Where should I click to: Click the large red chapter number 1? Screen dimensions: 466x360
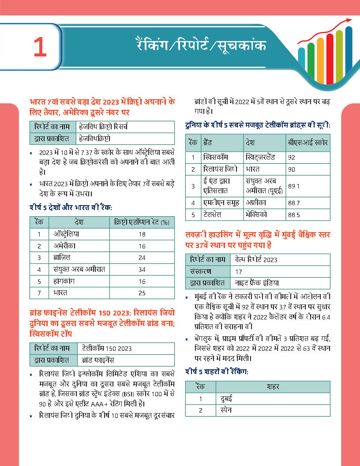40,48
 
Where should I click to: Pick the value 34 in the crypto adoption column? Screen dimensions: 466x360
142,269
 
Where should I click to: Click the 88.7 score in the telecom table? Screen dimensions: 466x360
293,203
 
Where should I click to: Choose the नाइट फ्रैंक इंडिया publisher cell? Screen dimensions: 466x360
257,283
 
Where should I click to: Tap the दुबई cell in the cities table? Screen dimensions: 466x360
227,399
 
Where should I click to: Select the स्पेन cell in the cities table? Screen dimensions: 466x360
226,410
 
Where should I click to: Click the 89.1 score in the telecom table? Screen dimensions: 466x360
293,186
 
